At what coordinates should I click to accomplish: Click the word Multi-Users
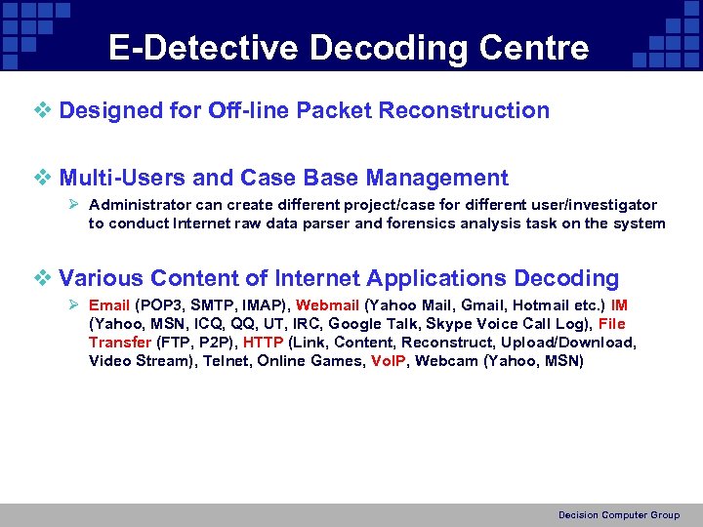point(123,178)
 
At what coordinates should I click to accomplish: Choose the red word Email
point(109,305)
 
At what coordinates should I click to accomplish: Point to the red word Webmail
point(327,305)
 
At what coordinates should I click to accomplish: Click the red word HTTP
point(264,343)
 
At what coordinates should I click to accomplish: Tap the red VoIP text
point(389,361)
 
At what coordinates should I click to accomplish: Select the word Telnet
point(226,361)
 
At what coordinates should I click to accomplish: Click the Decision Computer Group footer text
point(619,514)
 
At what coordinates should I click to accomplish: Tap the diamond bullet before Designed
point(42,110)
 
